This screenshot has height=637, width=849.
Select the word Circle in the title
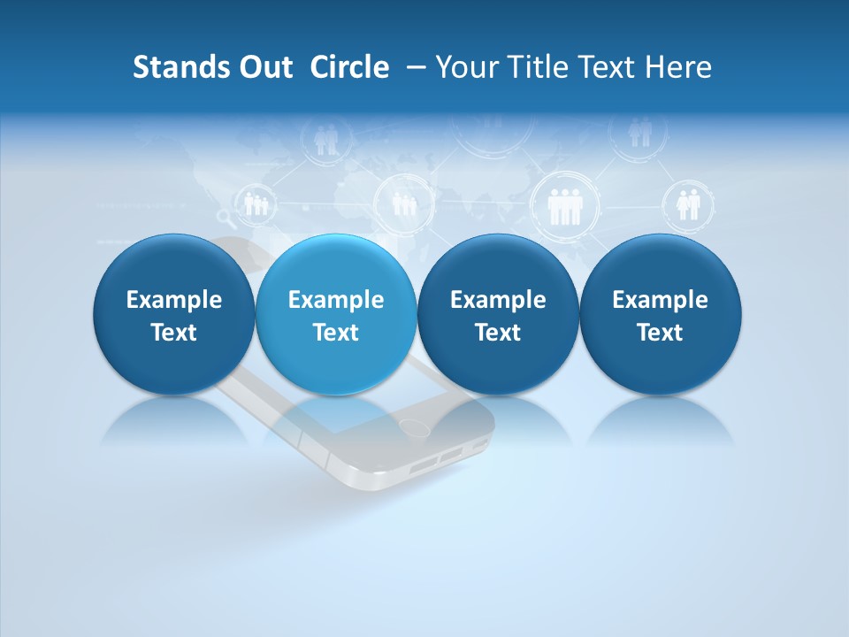[349, 67]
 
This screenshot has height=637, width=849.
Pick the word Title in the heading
[534, 67]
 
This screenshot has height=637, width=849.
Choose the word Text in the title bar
[606, 67]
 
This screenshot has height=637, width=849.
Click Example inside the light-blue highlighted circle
[336, 300]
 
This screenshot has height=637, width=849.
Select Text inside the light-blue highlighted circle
[336, 333]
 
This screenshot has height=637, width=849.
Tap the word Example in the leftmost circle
[174, 300]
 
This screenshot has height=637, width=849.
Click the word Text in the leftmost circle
[174, 333]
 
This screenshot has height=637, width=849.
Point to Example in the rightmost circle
[660, 300]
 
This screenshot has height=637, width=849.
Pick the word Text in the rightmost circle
[660, 333]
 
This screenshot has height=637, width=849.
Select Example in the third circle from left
[498, 300]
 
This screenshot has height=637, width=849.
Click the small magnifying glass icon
[224, 219]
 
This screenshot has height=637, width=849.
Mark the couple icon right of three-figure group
[688, 204]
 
